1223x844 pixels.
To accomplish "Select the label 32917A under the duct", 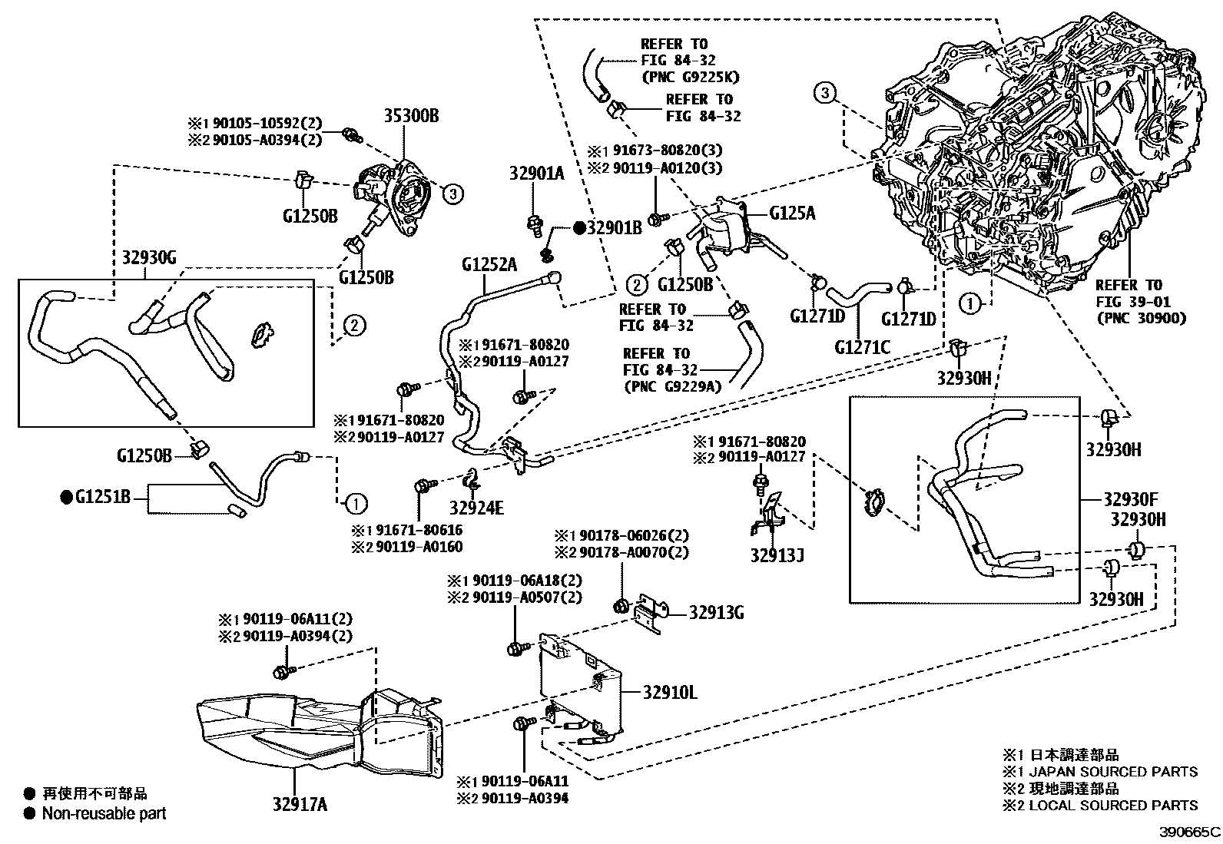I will (x=300, y=804).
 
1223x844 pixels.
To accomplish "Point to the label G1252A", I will (x=489, y=266).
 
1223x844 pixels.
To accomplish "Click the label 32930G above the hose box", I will (x=149, y=257).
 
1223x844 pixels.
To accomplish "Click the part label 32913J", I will (x=777, y=554).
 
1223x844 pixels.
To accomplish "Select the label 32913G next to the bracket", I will (x=716, y=612).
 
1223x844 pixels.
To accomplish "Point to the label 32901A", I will (x=535, y=174).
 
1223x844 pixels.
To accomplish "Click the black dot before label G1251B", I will (x=66, y=498).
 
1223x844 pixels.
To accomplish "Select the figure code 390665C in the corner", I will (x=1189, y=832).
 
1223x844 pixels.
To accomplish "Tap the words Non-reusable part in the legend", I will (x=104, y=813).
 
